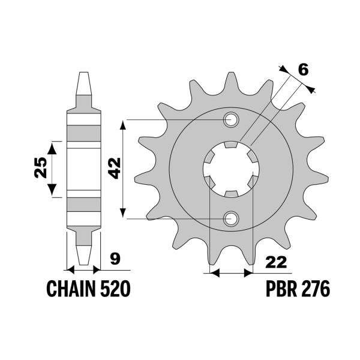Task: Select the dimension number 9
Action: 114,260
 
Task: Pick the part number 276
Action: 315,290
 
